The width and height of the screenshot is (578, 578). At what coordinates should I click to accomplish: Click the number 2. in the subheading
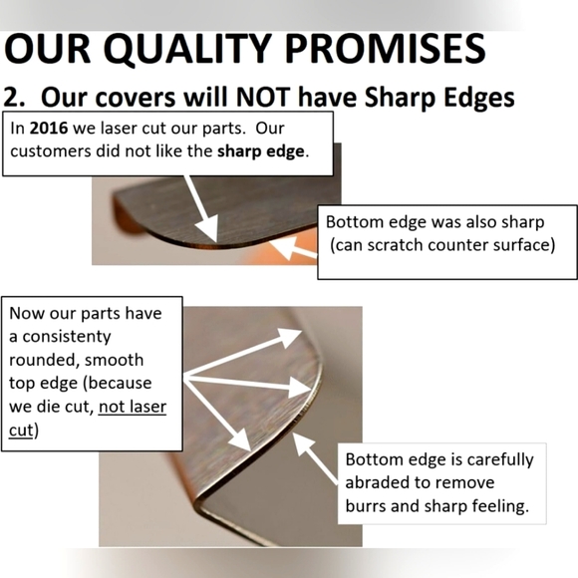(x=14, y=97)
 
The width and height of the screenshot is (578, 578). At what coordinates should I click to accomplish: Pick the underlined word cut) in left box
(x=23, y=430)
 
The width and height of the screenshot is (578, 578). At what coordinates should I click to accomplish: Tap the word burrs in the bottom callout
(x=367, y=506)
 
